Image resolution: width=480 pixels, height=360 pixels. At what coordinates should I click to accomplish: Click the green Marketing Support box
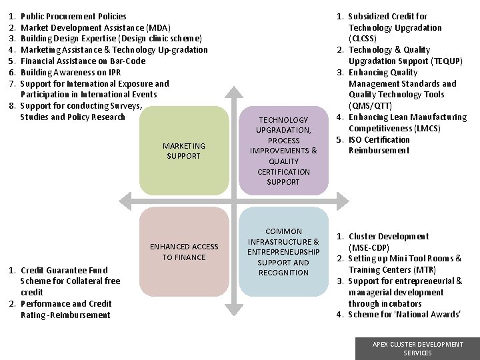(x=184, y=151)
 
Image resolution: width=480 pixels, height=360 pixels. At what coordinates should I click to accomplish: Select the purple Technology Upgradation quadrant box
(x=283, y=151)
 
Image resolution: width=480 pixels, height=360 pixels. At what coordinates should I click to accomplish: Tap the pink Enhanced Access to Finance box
(x=184, y=251)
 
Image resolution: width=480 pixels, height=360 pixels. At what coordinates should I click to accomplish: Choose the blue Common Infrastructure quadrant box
(x=283, y=251)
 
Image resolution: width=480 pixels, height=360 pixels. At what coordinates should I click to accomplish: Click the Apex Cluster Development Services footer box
(x=417, y=348)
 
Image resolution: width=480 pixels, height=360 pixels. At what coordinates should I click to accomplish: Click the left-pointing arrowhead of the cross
(x=122, y=201)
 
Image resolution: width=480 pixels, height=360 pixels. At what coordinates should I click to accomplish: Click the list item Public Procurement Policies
(x=73, y=16)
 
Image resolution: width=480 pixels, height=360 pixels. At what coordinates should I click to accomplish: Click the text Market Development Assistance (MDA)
(x=95, y=27)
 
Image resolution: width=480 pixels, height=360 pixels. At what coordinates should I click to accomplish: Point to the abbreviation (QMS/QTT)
(x=370, y=106)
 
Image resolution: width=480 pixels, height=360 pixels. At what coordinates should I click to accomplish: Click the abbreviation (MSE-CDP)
(x=370, y=247)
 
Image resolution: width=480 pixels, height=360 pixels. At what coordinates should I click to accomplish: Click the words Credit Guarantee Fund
(x=64, y=270)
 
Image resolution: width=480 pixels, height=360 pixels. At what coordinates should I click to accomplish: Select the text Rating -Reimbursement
(x=65, y=315)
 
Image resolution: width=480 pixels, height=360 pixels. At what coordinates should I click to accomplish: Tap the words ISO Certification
(x=379, y=139)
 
